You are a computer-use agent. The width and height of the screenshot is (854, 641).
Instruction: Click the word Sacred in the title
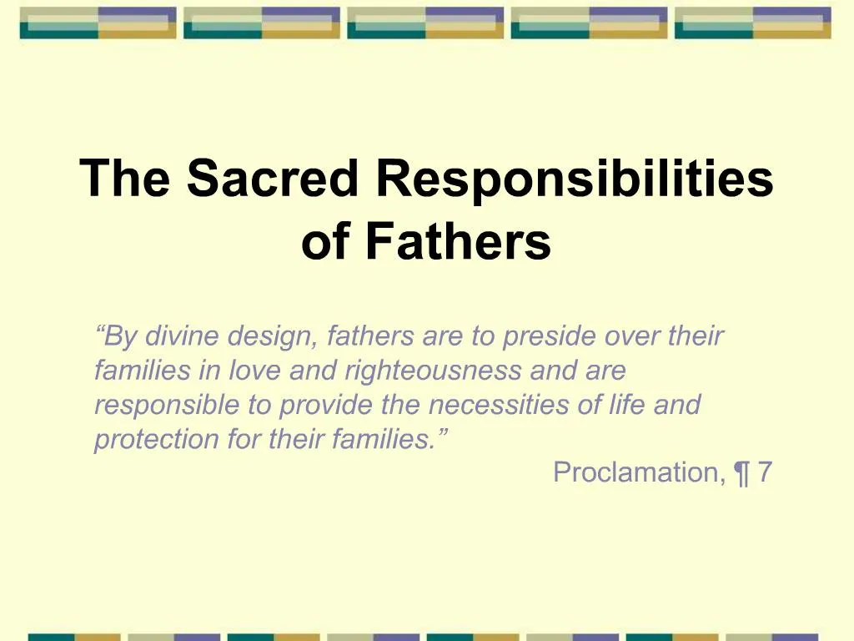tap(275, 178)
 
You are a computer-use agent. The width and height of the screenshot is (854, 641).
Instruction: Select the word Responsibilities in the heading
tap(575, 178)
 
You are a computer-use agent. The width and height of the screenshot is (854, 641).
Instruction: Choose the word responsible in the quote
tap(167, 405)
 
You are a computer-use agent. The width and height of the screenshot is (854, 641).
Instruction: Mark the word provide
tap(326, 405)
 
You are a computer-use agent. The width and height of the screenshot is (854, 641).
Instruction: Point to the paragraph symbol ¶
tap(741, 473)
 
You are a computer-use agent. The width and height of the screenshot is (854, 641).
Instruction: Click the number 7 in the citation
tap(765, 472)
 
